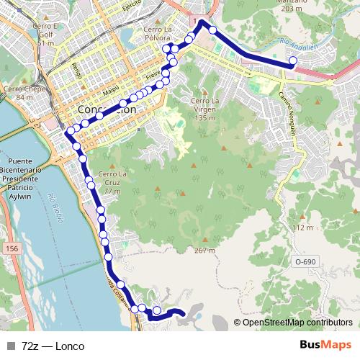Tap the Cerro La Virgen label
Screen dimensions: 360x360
(205, 109)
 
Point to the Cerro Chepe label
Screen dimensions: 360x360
(19, 93)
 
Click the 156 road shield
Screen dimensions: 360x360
(12, 248)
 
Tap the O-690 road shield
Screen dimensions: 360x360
(305, 262)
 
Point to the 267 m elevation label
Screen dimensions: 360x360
(204, 251)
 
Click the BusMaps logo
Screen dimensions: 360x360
(325, 346)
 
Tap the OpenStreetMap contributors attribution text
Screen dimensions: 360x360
(297, 323)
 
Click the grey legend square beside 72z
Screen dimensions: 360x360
(12, 346)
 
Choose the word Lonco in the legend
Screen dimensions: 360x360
(69, 346)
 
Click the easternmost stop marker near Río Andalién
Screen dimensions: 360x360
(292, 61)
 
